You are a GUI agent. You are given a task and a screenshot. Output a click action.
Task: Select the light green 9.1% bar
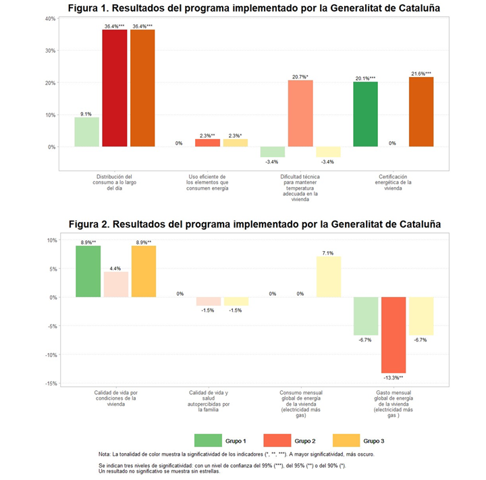[x=87, y=132]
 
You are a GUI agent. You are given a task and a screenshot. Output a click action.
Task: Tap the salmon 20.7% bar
[x=300, y=113]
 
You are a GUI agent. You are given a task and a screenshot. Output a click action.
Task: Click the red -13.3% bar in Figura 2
[x=393, y=335]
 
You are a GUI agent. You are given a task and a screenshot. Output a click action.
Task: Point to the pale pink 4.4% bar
[x=115, y=284]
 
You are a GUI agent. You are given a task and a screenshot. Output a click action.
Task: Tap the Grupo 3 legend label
[x=374, y=441]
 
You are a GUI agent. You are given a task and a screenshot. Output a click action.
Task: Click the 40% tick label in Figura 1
[x=50, y=18]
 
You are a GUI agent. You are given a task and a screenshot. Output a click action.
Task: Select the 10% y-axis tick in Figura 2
[x=51, y=240]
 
